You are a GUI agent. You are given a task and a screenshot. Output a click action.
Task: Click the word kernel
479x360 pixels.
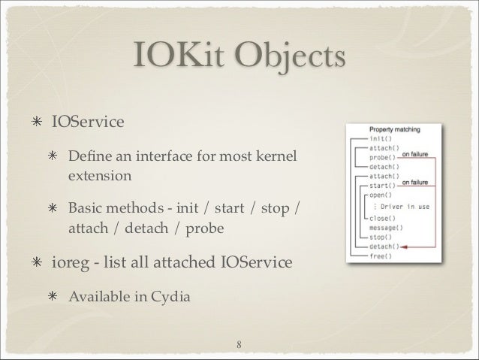(x=276, y=159)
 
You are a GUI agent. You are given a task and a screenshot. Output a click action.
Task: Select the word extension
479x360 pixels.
(x=99, y=177)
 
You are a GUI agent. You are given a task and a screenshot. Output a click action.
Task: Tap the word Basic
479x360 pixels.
(x=86, y=207)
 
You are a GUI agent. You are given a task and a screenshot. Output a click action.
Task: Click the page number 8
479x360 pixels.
(x=239, y=345)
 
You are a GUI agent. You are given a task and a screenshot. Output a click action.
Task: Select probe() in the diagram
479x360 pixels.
(x=384, y=156)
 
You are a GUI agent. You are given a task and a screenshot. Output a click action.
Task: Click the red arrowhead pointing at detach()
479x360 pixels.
(x=404, y=245)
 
